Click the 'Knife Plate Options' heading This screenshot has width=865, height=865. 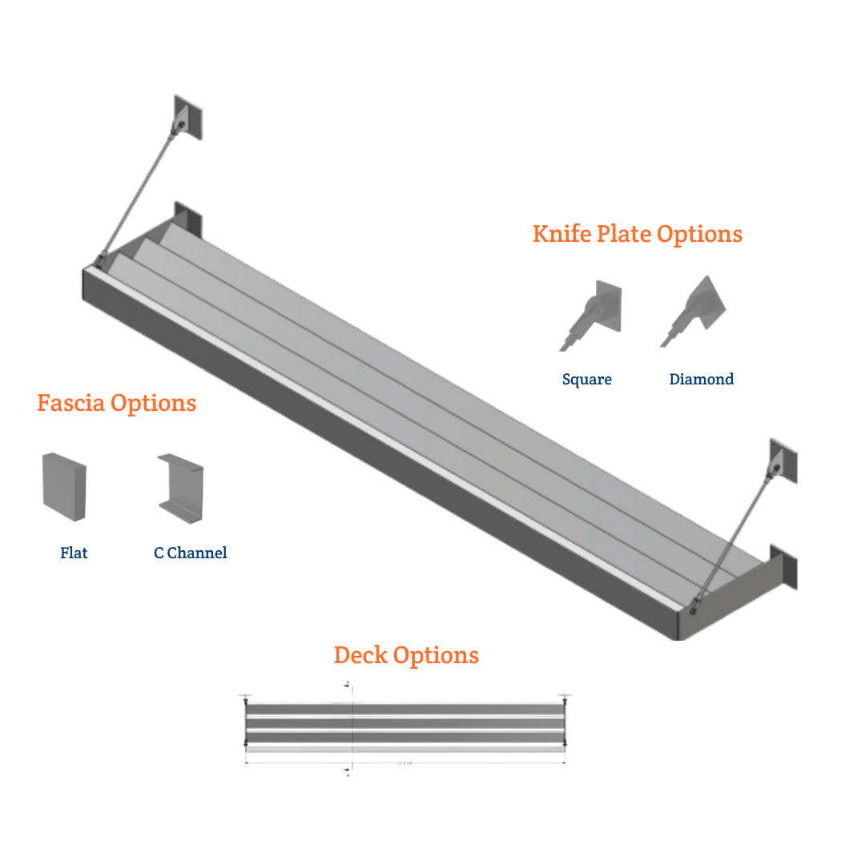(638, 234)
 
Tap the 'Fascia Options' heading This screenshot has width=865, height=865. (117, 403)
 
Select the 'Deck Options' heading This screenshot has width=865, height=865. (406, 655)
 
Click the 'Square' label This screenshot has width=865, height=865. (586, 380)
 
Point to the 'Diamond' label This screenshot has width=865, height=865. (701, 380)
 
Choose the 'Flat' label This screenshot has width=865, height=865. (74, 553)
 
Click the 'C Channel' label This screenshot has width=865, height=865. (191, 553)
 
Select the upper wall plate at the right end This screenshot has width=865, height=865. (783, 461)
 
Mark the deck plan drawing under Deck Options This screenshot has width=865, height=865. (405, 729)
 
